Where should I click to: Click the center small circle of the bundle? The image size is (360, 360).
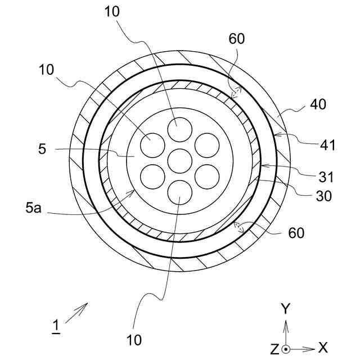point(179,161)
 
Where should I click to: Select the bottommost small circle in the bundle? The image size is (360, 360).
point(179,192)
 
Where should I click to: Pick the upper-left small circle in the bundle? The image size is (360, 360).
point(153,146)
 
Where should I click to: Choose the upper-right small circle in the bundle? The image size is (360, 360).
point(206,146)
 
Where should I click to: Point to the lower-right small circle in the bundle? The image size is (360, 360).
point(206,177)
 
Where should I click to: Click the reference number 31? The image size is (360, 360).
point(326,178)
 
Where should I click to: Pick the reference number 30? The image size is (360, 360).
point(324,196)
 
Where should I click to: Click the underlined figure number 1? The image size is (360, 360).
point(56,326)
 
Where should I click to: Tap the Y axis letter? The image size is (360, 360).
point(286,308)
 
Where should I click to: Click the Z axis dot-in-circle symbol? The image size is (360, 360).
point(286,349)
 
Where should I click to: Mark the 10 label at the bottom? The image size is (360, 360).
point(134,340)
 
